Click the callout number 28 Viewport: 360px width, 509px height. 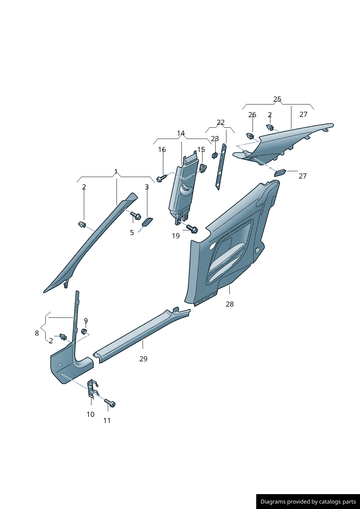click(x=230, y=304)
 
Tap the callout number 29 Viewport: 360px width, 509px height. click(x=143, y=359)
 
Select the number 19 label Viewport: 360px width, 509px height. click(x=176, y=236)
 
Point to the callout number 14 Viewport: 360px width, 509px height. click(x=181, y=133)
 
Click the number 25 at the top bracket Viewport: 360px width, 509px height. click(x=277, y=99)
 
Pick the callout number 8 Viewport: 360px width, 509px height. click(x=37, y=333)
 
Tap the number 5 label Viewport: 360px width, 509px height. click(x=132, y=233)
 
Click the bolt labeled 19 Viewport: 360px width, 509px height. click(x=192, y=229)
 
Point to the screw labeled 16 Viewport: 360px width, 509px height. click(x=161, y=178)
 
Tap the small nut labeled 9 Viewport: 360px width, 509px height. click(x=84, y=331)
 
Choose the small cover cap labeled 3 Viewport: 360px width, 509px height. click(x=147, y=222)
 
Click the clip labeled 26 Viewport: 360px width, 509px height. click(x=250, y=136)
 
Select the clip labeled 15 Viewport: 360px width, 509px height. click(x=202, y=167)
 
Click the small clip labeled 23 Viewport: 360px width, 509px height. click(x=214, y=156)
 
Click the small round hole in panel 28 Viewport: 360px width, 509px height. click(x=257, y=250)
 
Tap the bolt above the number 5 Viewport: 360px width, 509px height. click(x=136, y=216)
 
